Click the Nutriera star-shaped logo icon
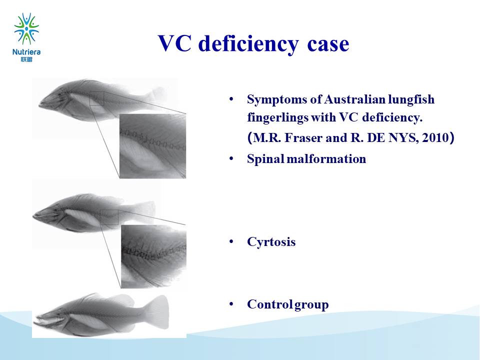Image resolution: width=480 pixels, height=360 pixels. pyautogui.click(x=26, y=28)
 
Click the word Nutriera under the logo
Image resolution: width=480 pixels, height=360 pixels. pyautogui.click(x=26, y=52)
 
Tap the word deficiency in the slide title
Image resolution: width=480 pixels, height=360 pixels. pyautogui.click(x=248, y=44)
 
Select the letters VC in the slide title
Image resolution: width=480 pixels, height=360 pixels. pyautogui.click(x=174, y=43)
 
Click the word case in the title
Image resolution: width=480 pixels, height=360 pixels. pyautogui.click(x=328, y=44)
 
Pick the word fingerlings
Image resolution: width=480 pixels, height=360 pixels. pyautogui.click(x=277, y=118)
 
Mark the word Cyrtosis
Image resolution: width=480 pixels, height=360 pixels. pyautogui.click(x=271, y=242)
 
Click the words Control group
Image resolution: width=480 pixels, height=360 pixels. pyautogui.click(x=288, y=304)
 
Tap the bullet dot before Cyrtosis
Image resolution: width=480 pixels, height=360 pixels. pyautogui.click(x=231, y=242)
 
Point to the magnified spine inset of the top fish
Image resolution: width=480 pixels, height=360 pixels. pyautogui.click(x=152, y=146)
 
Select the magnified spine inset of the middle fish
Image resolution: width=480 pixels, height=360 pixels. pyautogui.click(x=153, y=256)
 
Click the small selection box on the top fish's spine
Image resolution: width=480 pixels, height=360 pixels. pyautogui.click(x=96, y=98)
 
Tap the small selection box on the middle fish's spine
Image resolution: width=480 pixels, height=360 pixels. pyautogui.click(x=109, y=217)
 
